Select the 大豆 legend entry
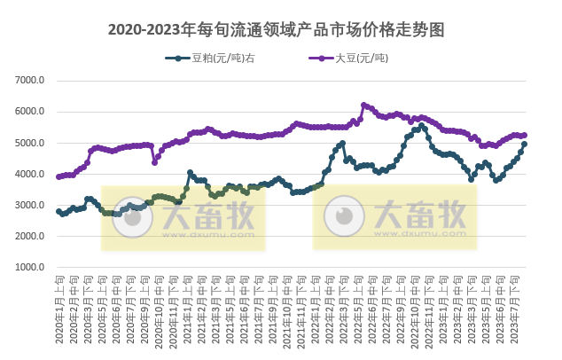pos(355,59)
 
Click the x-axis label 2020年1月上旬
pos(59,306)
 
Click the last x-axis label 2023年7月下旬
pos(525,306)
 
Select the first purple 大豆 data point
pos(59,176)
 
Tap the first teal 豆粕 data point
pos(59,211)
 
